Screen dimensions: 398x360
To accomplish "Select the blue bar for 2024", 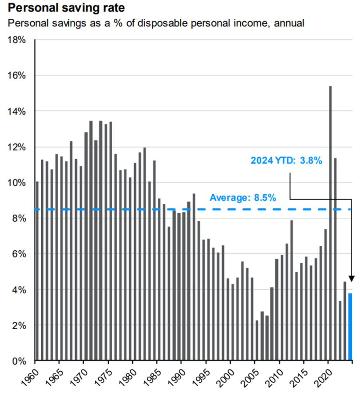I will tap(350, 326).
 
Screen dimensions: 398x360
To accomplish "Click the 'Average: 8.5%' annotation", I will tap(243, 197).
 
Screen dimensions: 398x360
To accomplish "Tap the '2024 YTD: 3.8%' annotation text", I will tap(287, 161).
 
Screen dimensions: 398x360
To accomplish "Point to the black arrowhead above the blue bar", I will tap(351, 279).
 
